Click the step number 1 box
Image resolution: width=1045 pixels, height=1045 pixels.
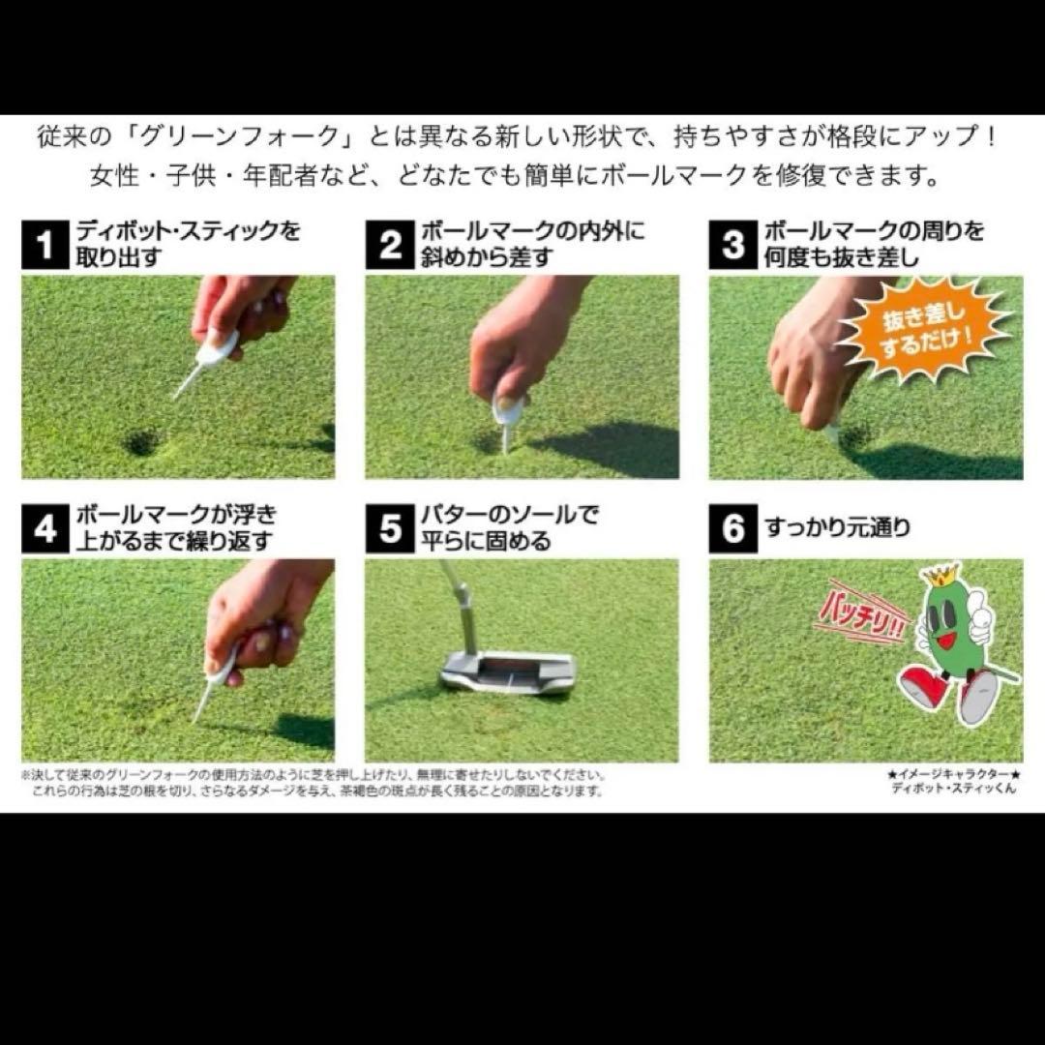point(45,245)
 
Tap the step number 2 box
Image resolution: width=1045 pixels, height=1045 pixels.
point(390,245)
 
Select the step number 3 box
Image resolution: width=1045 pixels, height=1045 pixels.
point(733,245)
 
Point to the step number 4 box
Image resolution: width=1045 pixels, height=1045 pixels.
point(45,528)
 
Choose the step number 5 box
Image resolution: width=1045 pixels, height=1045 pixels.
point(390,528)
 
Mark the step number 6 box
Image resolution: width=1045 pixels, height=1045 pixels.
point(733,528)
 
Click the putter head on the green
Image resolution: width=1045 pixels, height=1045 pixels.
point(509,671)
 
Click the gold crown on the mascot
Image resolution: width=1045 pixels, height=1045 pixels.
point(939,576)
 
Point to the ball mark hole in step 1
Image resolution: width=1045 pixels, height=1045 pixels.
point(142,443)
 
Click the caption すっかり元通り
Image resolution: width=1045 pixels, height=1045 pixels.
point(837,529)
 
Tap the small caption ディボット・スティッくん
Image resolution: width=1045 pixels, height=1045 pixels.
point(953,789)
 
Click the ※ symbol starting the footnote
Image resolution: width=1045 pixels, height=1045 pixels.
point(26,776)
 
